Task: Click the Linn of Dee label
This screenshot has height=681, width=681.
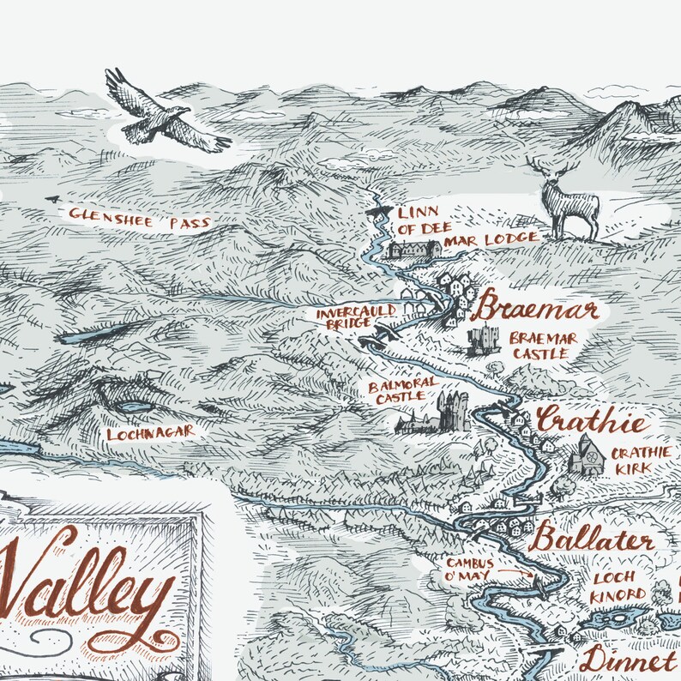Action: tap(418, 219)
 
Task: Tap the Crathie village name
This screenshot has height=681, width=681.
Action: tap(591, 422)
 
